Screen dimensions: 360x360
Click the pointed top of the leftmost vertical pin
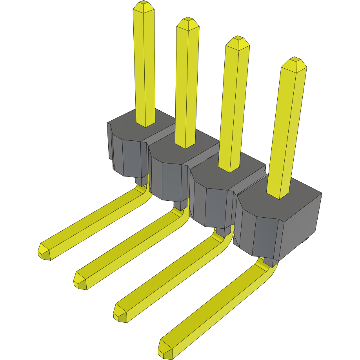click(x=144, y=7)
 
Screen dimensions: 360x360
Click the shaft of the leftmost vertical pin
click(x=144, y=67)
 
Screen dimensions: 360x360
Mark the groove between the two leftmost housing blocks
click(x=161, y=135)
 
